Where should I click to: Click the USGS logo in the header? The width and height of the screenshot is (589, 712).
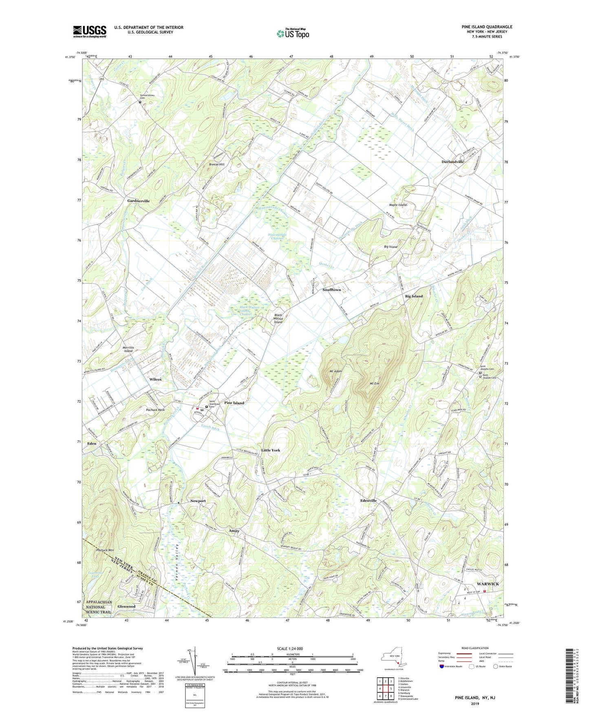click(x=90, y=31)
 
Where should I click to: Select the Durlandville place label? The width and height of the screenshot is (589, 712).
click(x=452, y=162)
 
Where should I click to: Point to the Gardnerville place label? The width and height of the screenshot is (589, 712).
click(x=138, y=201)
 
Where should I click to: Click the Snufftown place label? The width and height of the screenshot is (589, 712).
click(x=331, y=290)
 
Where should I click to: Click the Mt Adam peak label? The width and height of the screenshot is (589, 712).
click(x=335, y=371)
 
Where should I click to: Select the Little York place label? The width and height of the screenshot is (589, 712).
click(x=271, y=450)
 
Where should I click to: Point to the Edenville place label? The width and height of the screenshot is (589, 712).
click(x=368, y=500)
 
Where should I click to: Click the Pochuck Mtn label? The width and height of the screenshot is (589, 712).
click(x=105, y=550)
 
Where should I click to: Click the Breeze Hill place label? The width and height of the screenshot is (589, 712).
click(x=216, y=164)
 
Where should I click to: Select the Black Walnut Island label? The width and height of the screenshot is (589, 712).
click(x=278, y=318)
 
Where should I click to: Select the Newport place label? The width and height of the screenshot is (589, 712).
click(x=198, y=501)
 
